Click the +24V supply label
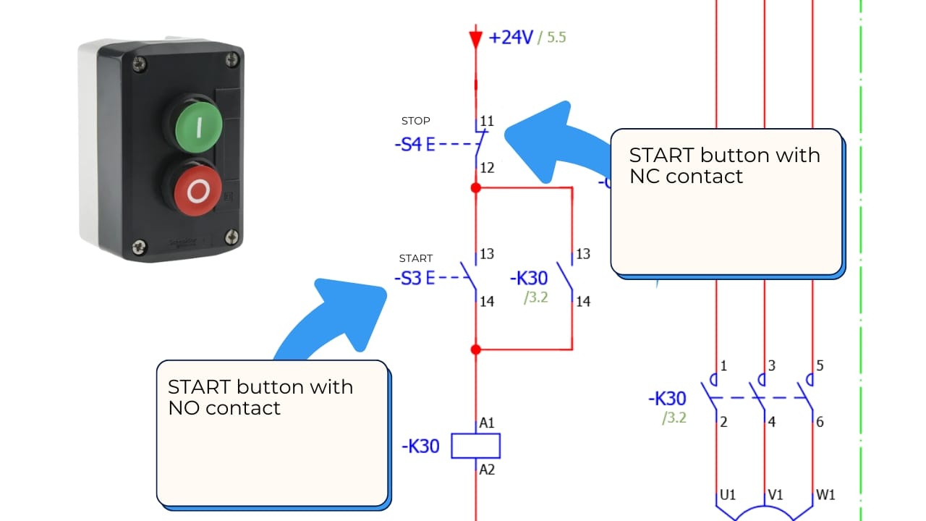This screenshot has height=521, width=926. [511, 38]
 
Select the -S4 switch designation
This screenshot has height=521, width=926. [408, 144]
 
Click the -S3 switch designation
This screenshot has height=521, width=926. [408, 278]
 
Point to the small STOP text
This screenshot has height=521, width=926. [416, 121]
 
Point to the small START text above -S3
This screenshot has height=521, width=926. [416, 258]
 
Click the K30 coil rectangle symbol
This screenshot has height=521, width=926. [475, 446]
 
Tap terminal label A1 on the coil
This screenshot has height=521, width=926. [488, 423]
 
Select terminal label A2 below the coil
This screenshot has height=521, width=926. [488, 470]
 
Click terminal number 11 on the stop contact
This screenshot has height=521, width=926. [487, 121]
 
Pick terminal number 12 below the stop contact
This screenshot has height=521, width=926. [487, 168]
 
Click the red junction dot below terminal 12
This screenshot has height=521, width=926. [475, 188]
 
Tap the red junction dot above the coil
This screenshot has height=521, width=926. [475, 350]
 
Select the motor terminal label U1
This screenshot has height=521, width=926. [728, 495]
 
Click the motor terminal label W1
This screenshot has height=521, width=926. [825, 495]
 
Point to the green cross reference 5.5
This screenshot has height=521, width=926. [556, 38]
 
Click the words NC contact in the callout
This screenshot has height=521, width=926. [686, 176]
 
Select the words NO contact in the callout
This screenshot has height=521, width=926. [224, 407]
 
